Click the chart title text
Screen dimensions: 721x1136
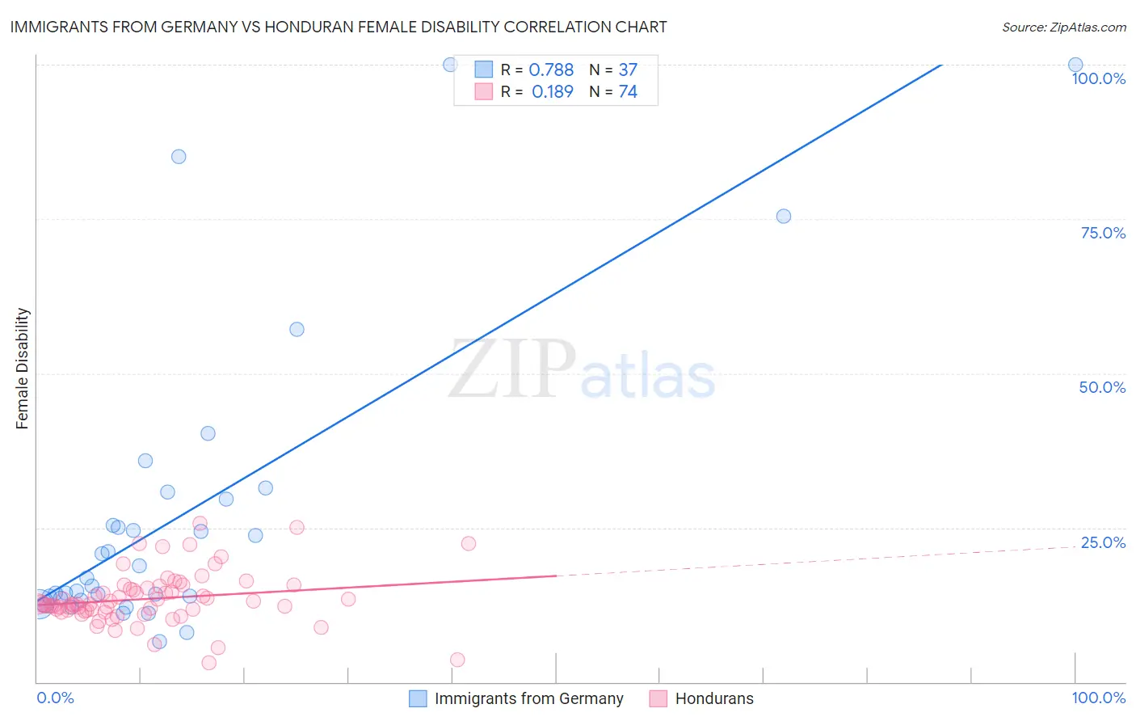pos(339,27)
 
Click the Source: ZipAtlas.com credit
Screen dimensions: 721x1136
pos(1063,27)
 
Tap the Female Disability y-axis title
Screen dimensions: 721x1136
pos(23,368)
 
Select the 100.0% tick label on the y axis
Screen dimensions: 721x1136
pos(1098,78)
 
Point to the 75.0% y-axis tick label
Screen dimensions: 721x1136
pos(1103,233)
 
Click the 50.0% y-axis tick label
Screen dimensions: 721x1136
pos(1102,387)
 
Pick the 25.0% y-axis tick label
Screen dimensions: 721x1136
pos(1103,542)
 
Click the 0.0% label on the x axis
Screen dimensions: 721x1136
pos(56,698)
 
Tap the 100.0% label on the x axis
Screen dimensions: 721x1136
pos(1098,698)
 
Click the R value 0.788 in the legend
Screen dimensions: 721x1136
pos(551,70)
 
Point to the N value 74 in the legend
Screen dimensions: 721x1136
pos(628,92)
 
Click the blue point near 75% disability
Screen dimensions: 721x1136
pos(783,216)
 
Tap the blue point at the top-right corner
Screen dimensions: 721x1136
pos(1075,65)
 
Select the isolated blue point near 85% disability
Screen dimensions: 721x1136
pos(179,156)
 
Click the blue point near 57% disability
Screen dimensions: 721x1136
pos(297,329)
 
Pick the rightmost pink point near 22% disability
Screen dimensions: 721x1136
pos(469,543)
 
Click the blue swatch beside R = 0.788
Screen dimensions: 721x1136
pos(483,70)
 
